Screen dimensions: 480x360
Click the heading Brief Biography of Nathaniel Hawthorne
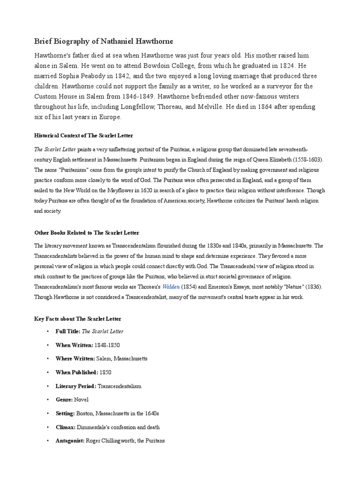[x=97, y=42]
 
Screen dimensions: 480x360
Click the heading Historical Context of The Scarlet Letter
[x=84, y=135]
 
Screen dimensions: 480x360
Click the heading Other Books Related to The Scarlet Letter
[x=87, y=232]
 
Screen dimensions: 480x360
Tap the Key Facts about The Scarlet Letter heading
[x=78, y=319]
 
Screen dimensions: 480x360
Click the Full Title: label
[x=68, y=331]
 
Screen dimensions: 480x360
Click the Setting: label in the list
[x=65, y=413]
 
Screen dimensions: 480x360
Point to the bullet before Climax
[x=48, y=427]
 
